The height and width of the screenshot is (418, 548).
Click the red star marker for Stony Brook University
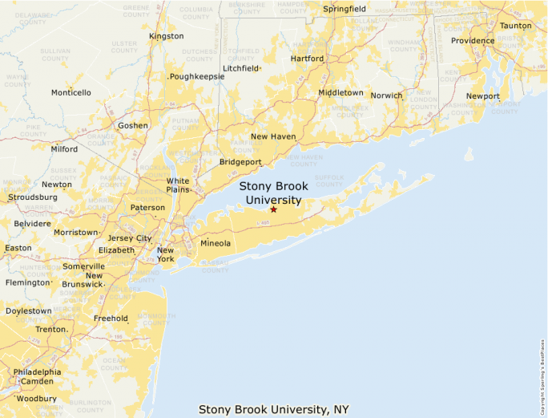click(273, 209)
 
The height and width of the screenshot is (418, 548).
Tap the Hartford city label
click(307, 59)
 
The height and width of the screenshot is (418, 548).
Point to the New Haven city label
click(273, 136)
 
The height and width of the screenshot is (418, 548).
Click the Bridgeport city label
click(240, 162)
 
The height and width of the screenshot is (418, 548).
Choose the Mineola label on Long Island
click(215, 243)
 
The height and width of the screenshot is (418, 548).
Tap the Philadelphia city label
click(37, 371)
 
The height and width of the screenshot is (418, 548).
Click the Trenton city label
click(50, 329)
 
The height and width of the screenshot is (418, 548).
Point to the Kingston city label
click(167, 36)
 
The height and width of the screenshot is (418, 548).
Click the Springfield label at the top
click(345, 9)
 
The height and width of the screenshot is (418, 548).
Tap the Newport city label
click(483, 96)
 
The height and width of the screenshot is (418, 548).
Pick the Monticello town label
click(71, 92)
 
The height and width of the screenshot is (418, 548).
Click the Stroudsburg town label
click(33, 197)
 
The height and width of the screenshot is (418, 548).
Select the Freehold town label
click(111, 319)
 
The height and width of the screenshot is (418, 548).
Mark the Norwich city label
click(387, 95)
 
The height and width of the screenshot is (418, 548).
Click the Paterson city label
click(148, 208)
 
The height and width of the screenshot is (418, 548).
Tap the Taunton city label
click(515, 26)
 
